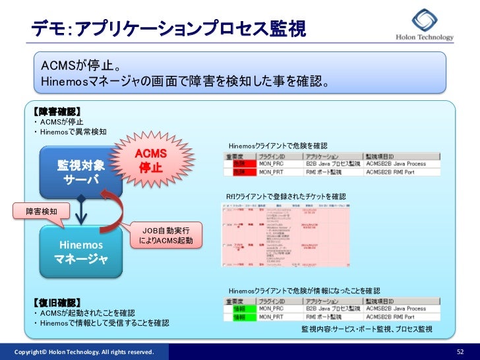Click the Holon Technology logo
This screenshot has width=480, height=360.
tap(424, 26)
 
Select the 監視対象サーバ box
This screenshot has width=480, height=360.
tap(81, 171)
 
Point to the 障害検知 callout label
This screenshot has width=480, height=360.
tap(42, 212)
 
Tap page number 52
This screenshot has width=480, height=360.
tap(460, 352)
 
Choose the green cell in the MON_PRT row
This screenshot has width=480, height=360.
tap(239, 317)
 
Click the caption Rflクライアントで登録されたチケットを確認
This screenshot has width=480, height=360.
tap(285, 196)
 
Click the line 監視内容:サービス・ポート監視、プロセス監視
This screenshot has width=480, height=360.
tap(367, 329)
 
